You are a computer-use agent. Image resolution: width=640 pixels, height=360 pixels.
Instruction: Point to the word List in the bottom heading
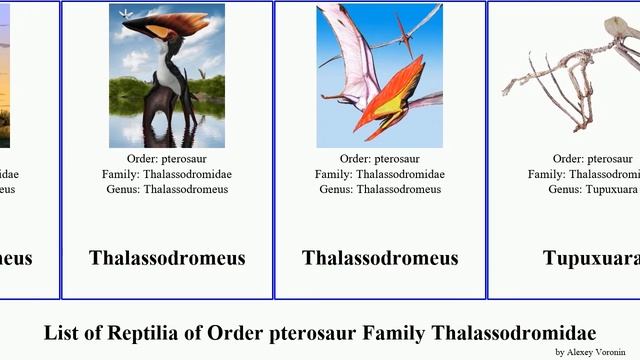(62, 333)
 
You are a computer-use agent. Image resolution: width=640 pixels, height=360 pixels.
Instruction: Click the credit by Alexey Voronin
(590, 352)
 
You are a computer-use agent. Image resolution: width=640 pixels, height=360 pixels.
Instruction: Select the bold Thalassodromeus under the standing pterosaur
(167, 258)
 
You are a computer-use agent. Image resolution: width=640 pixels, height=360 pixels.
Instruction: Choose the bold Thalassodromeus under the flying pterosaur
(380, 258)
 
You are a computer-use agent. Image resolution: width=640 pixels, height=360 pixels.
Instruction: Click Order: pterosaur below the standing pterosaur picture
(167, 159)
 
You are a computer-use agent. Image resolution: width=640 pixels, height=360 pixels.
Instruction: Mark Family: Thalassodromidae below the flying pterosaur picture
(380, 174)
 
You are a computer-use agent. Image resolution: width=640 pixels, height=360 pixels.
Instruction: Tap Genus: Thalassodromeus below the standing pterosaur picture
(167, 189)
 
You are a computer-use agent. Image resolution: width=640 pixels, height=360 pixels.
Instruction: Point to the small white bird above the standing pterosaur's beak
(124, 13)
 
